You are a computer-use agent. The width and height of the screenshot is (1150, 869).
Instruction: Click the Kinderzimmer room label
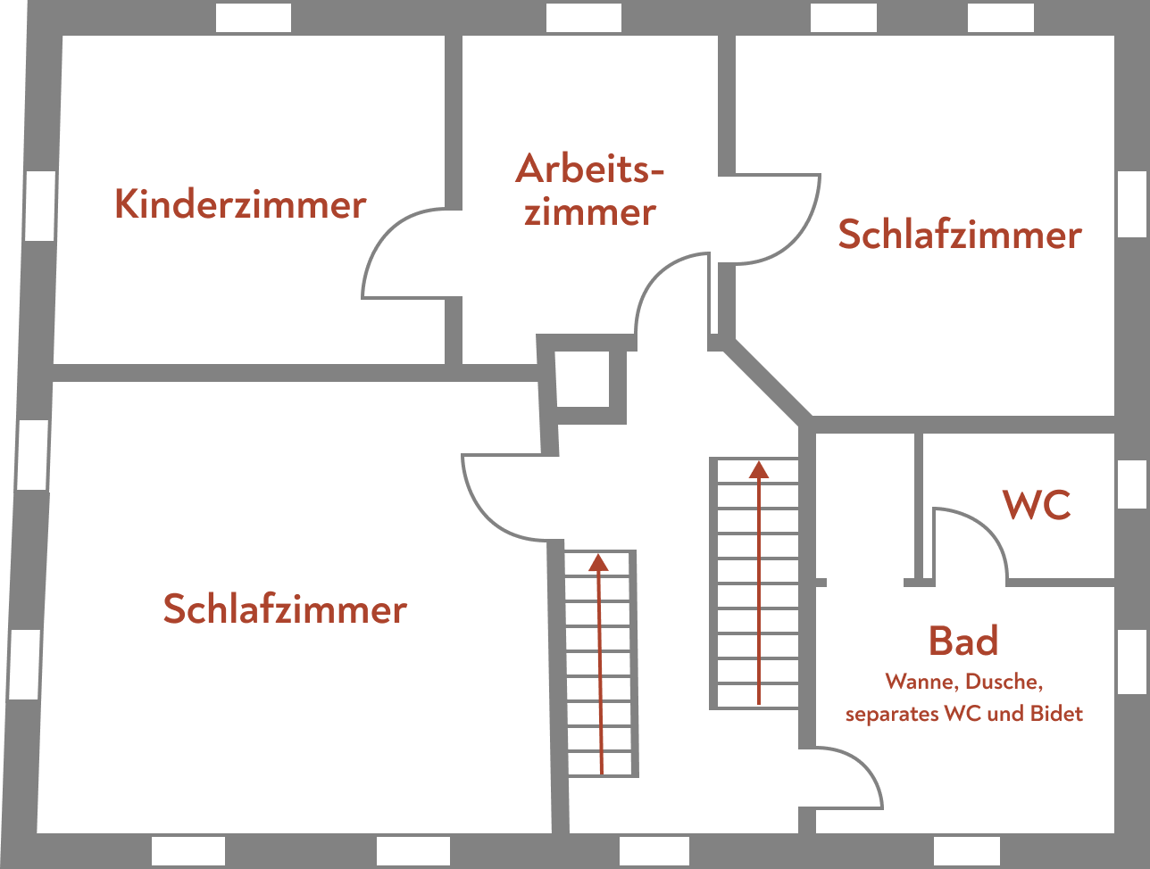click(240, 204)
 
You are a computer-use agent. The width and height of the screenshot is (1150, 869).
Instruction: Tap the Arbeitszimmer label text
click(589, 190)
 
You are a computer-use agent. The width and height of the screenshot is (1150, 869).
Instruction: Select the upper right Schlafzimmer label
click(959, 235)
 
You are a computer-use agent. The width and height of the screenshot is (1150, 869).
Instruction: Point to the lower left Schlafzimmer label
click(285, 609)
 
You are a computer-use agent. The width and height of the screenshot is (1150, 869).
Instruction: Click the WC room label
click(1037, 505)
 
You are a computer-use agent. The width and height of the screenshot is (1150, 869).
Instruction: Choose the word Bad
click(962, 641)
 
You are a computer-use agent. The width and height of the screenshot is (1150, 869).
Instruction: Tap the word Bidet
click(1056, 714)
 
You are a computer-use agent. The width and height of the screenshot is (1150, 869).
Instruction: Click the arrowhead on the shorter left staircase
click(598, 562)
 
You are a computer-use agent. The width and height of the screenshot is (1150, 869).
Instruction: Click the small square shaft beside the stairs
click(583, 378)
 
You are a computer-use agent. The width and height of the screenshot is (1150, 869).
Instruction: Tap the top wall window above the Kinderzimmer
click(254, 17)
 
